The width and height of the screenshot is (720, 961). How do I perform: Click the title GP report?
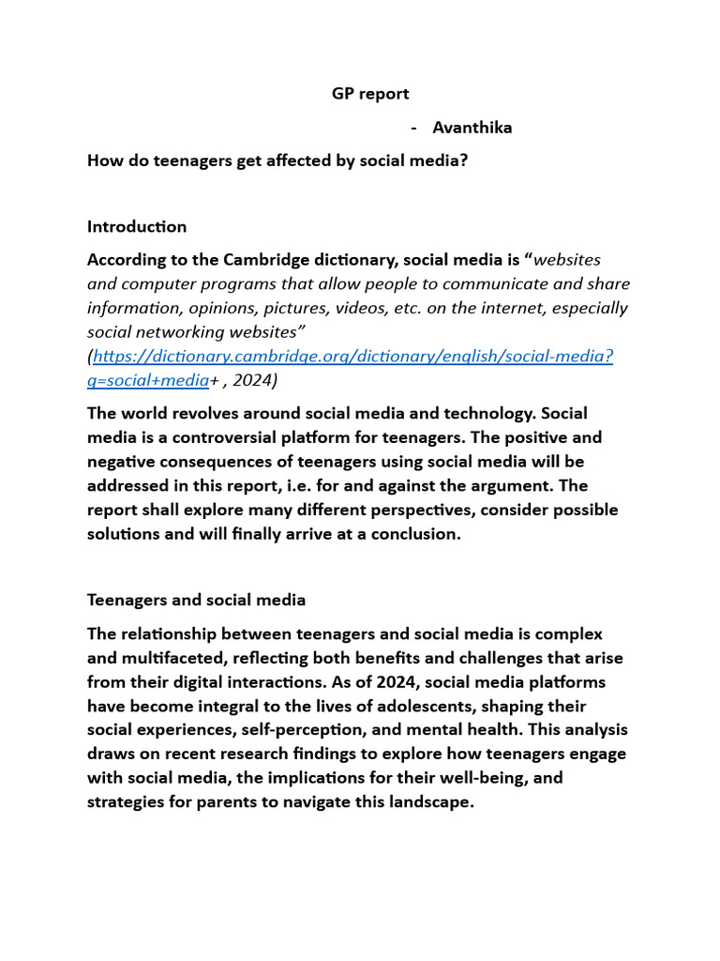click(370, 94)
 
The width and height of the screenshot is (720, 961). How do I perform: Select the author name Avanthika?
click(472, 128)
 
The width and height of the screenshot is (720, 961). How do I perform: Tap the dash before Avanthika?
click(414, 128)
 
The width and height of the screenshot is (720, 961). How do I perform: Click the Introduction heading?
click(137, 226)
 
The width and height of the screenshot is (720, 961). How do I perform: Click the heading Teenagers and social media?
click(196, 599)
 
